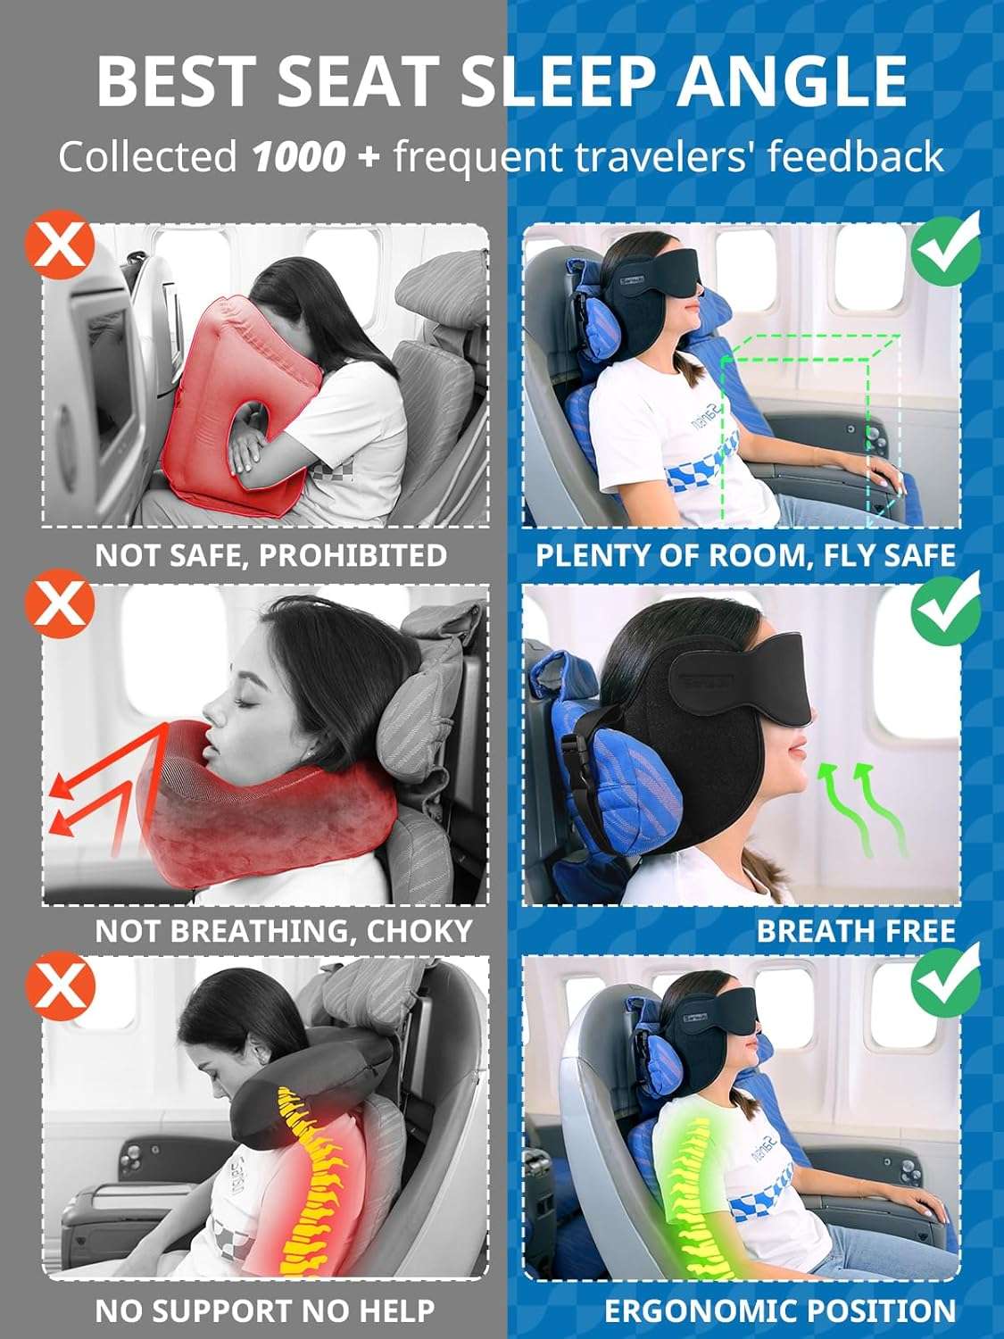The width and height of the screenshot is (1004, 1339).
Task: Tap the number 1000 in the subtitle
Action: pyautogui.click(x=298, y=157)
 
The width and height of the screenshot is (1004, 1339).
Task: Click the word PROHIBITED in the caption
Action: pyautogui.click(x=353, y=555)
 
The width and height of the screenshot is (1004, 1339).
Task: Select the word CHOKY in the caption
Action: pyautogui.click(x=419, y=931)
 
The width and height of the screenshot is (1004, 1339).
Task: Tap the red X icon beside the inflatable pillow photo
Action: pyautogui.click(x=59, y=245)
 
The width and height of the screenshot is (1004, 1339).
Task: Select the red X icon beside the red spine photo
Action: pyautogui.click(x=59, y=982)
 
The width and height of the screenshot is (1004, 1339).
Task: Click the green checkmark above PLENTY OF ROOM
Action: pyautogui.click(x=945, y=245)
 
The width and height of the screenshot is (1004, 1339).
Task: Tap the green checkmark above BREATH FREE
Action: pyautogui.click(x=945, y=605)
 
